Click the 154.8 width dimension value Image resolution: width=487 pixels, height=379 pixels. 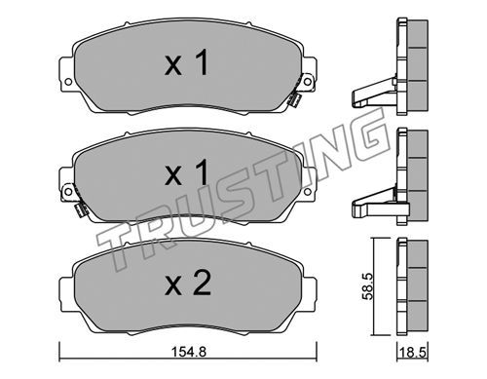click(x=188, y=352)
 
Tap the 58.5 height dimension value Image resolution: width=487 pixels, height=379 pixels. click(x=367, y=286)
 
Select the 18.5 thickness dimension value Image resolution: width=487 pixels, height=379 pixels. click(x=413, y=352)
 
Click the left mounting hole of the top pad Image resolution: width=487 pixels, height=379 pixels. click(x=68, y=82)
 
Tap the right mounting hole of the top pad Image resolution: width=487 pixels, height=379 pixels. click(x=307, y=82)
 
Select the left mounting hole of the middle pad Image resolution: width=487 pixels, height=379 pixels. click(x=68, y=192)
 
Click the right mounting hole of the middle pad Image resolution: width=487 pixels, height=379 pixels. click(x=307, y=192)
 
